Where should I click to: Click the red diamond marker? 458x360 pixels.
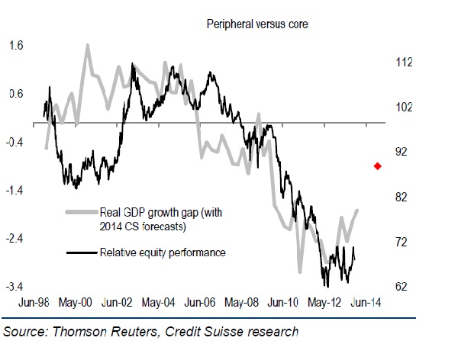tap(377, 166)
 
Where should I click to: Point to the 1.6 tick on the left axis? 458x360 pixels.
tap(16, 47)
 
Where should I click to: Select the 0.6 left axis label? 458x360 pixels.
tap(16, 95)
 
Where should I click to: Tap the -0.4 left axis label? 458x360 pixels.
tap(15, 143)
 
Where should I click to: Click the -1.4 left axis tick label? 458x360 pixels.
tap(15, 191)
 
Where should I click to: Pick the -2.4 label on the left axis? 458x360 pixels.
tap(15, 239)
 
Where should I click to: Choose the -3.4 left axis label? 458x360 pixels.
tap(15, 287)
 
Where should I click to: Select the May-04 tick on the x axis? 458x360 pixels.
tap(160, 302)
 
